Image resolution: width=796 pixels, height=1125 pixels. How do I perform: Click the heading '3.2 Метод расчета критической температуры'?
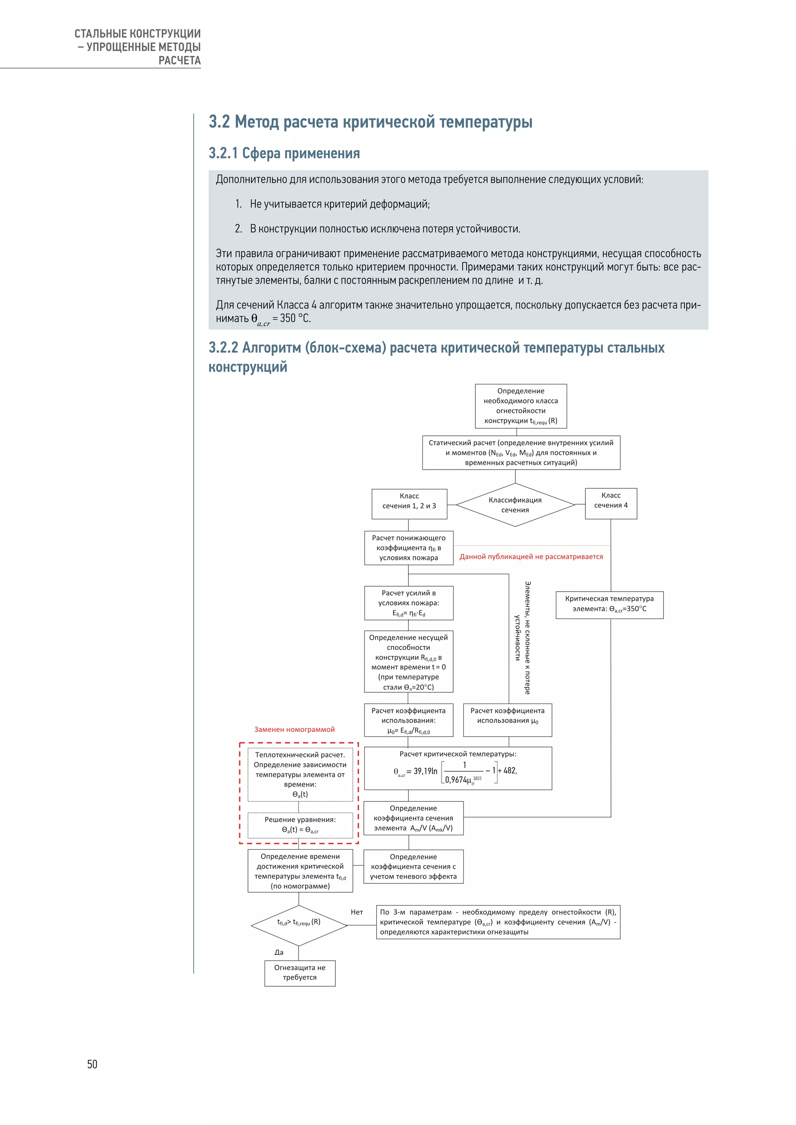click(370, 122)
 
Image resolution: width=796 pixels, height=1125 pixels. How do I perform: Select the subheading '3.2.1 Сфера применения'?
click(284, 153)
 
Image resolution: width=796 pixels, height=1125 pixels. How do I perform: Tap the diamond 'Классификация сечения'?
click(515, 505)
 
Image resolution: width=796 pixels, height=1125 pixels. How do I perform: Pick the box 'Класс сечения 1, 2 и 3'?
click(409, 504)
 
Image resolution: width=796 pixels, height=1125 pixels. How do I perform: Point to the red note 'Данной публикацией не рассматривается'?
click(531, 557)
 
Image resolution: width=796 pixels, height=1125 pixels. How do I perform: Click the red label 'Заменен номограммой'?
click(294, 729)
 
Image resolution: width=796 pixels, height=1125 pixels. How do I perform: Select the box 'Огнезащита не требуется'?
click(300, 973)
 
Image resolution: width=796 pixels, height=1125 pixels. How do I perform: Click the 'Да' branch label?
click(279, 952)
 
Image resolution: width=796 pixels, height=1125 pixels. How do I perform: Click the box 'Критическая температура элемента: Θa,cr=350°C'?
click(609, 604)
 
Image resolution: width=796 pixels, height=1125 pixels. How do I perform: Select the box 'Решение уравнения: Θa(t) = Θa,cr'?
click(300, 825)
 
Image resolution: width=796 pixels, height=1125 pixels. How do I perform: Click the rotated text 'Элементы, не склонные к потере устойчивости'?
click(522, 637)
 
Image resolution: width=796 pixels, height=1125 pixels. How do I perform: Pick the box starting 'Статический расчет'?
click(521, 453)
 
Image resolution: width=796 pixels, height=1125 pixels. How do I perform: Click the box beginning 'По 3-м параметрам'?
click(498, 922)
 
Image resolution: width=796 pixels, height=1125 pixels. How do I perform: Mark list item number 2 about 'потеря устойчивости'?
click(377, 229)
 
